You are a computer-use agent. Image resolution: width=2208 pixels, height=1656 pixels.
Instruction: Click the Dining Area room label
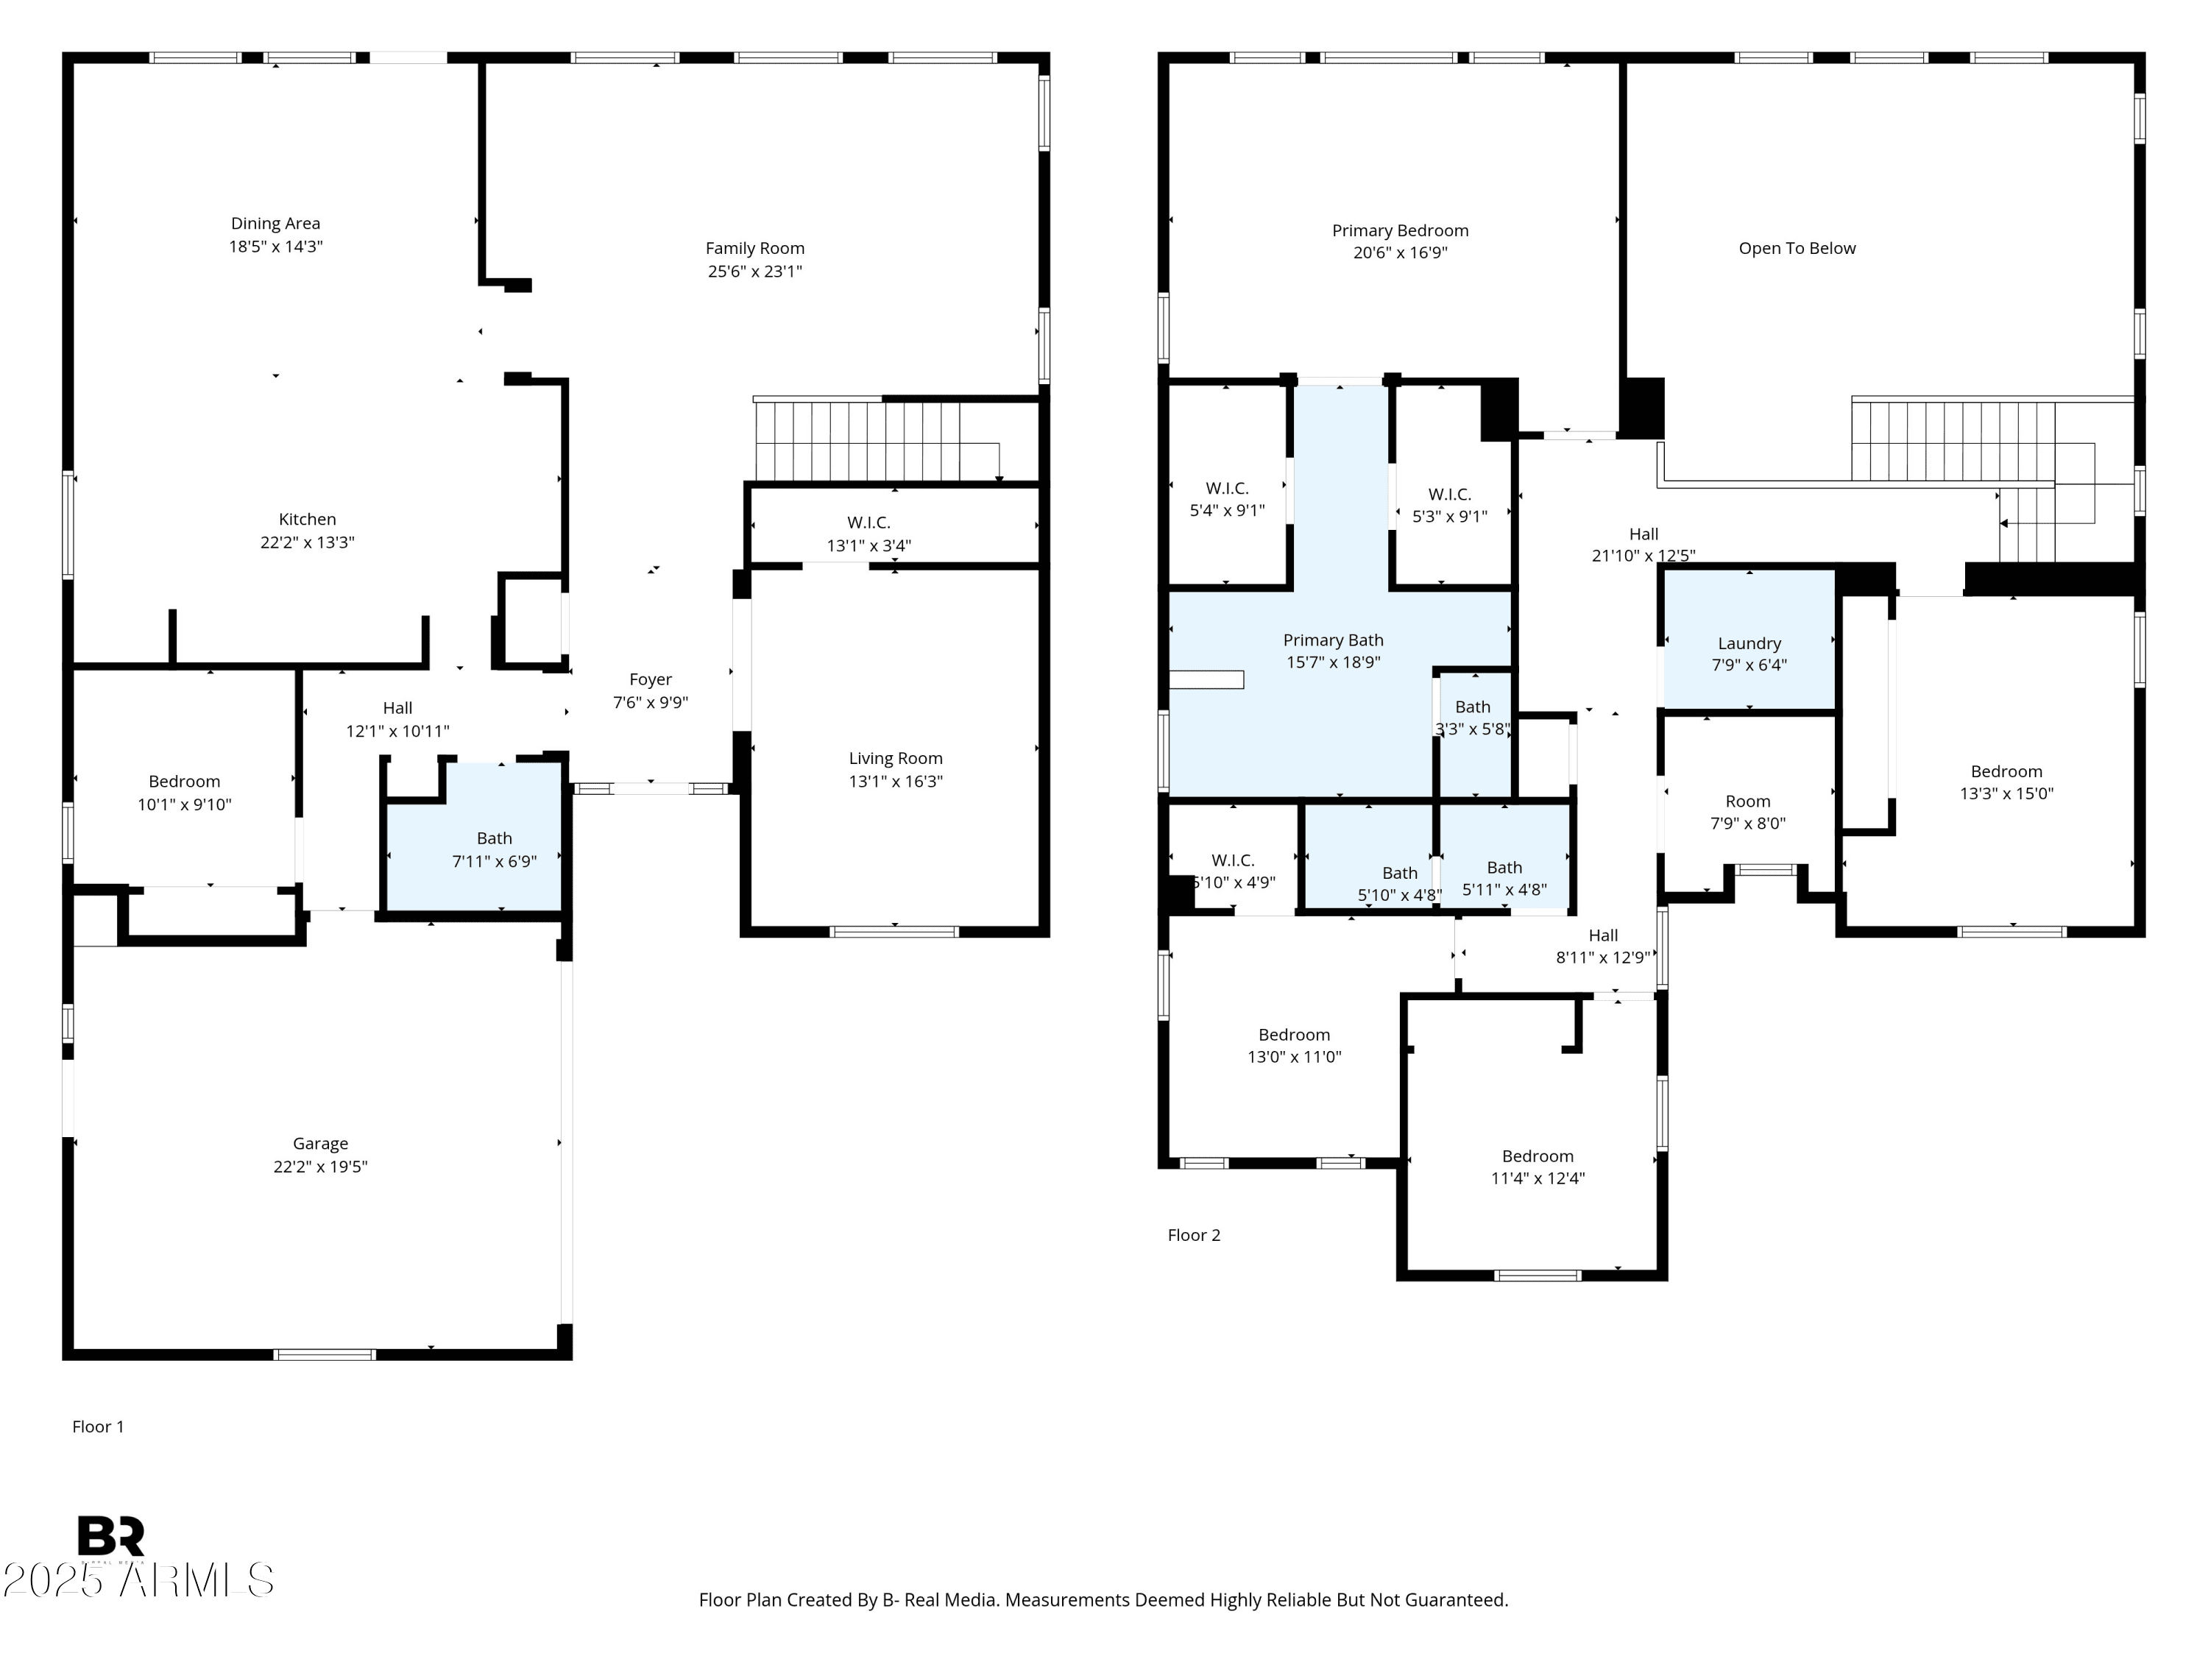point(275,224)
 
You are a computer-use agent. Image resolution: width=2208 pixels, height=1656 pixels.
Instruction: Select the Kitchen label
point(308,519)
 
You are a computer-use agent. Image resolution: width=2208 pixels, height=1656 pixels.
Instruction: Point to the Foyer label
point(650,680)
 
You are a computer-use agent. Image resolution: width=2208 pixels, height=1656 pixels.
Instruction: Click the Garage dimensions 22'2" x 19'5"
point(320,1167)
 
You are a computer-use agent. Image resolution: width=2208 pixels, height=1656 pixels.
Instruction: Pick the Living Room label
point(896,759)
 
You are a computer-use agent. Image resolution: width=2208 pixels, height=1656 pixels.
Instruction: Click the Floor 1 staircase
point(878,440)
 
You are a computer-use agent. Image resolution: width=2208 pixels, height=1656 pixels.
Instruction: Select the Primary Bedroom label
point(1401,230)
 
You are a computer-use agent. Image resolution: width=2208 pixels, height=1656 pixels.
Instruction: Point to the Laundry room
point(1749,640)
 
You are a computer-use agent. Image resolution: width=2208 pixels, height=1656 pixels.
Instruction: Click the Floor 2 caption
point(1194,1235)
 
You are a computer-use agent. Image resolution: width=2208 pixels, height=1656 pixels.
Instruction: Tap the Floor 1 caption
point(98,1426)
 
